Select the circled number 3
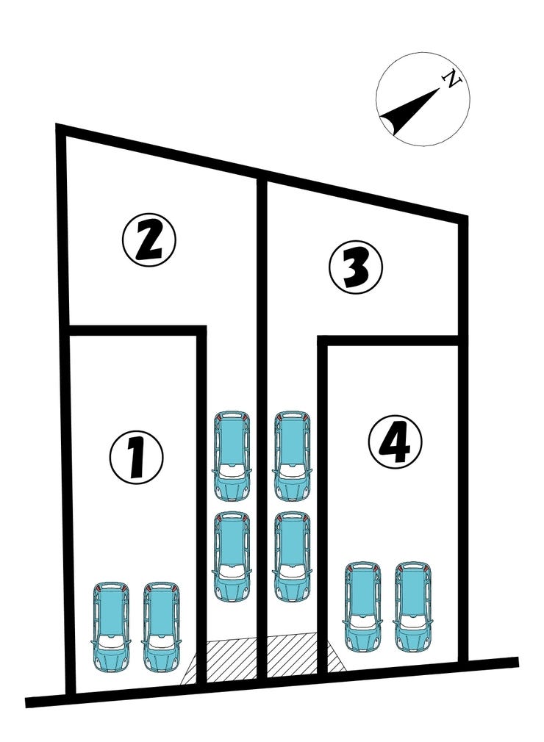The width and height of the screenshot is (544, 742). click(356, 268)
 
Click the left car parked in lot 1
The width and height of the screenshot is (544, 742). click(110, 627)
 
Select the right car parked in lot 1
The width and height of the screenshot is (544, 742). click(162, 627)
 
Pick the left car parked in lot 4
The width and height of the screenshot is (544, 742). click(362, 607)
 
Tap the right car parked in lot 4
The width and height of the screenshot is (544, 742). click(413, 607)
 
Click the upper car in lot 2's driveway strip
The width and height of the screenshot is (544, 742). click(232, 455)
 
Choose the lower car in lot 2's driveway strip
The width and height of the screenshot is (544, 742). click(232, 556)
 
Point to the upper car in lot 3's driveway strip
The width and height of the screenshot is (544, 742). click(293, 455)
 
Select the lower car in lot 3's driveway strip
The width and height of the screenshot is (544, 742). click(293, 556)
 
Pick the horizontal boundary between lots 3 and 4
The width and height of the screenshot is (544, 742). click(388, 341)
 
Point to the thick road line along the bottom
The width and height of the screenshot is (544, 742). click(272, 682)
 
